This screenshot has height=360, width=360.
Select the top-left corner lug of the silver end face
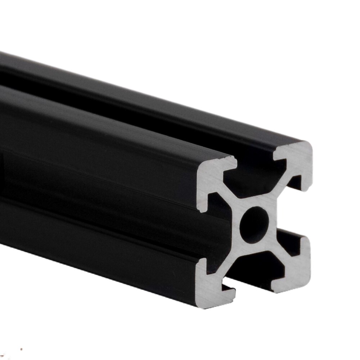pos(212,176)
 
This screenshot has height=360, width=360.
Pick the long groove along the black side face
pos(108,202)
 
